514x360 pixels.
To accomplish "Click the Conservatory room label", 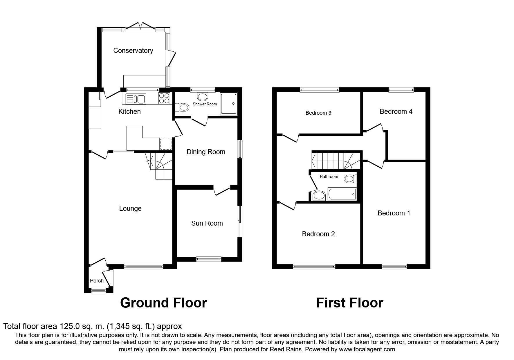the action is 133,51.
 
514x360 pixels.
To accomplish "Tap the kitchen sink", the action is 136,99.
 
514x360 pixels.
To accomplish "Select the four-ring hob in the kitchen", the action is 164,98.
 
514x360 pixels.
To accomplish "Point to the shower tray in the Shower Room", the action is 229,104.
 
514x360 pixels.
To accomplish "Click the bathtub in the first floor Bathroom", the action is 342,194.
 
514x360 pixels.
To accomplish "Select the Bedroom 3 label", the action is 318,113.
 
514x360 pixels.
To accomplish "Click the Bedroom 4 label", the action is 396,111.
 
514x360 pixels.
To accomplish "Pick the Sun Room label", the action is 207,223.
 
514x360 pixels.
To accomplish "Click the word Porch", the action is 97,281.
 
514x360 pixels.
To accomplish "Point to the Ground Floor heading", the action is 163,303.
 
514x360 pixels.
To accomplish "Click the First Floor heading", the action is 349,303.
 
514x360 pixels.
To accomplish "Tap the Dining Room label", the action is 206,152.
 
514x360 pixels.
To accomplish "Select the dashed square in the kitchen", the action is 166,144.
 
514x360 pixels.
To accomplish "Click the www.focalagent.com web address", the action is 367,349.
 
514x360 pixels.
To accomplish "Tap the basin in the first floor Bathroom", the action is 319,195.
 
